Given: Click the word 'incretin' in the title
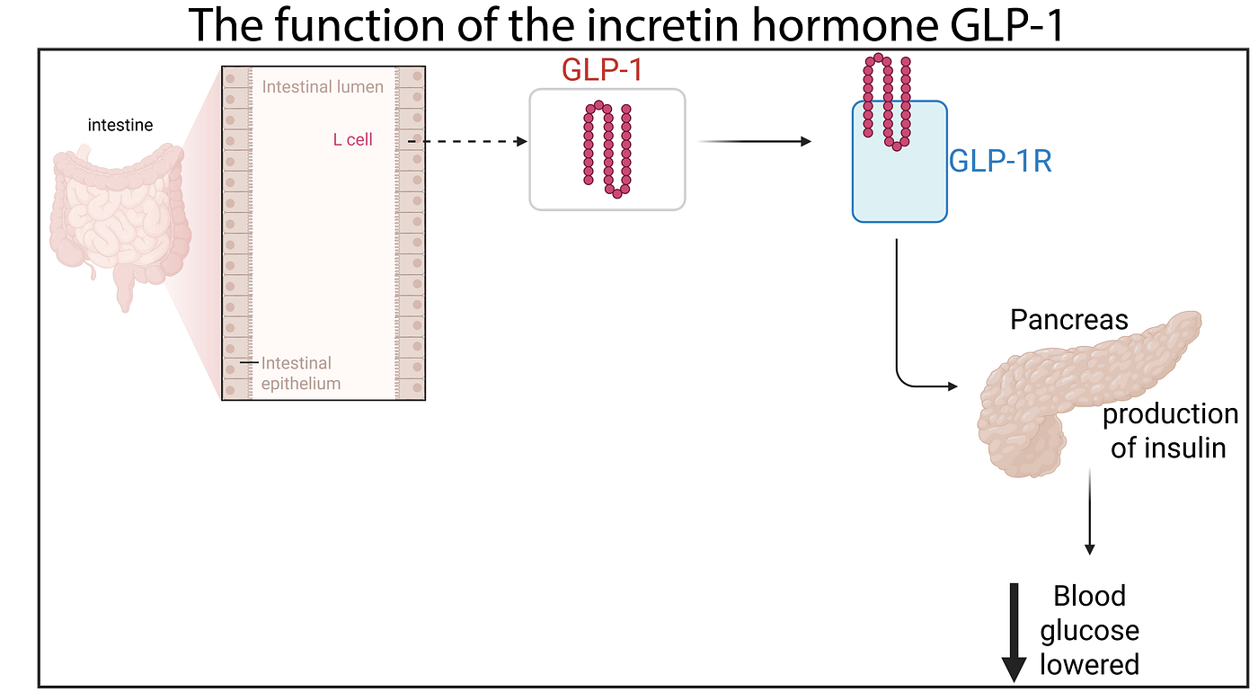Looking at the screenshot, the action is click(660, 25).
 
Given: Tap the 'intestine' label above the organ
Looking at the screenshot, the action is click(120, 125).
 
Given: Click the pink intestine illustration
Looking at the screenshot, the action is click(120, 225).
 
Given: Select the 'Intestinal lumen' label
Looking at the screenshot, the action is click(323, 87).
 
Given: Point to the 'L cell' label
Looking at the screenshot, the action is click(352, 139).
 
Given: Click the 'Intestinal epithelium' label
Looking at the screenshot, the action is click(301, 373).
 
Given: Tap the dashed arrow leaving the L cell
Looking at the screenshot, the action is click(467, 142).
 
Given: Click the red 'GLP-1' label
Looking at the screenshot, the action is click(602, 70).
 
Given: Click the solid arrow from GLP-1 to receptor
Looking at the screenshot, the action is click(755, 142).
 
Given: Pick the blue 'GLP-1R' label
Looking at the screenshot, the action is click(1000, 161).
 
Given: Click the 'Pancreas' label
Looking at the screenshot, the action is click(1069, 320).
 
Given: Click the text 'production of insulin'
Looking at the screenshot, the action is click(1170, 430).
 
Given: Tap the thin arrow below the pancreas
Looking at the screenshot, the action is click(1090, 511).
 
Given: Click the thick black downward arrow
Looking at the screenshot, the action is click(1014, 633).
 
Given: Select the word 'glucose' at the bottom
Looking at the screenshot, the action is click(1089, 631).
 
